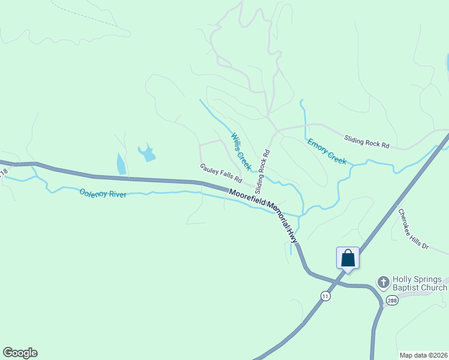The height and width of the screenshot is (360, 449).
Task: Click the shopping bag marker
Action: click(348, 259)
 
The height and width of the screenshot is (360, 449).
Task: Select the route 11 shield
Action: click(325, 296)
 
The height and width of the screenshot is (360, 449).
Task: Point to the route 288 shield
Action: click(391, 301)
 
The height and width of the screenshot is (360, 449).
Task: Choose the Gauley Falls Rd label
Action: click(220, 173)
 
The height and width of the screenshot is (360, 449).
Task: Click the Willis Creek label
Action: click(241, 150)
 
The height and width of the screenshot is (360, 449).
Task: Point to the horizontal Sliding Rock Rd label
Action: click(367, 142)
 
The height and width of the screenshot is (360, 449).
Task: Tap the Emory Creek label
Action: click(327, 151)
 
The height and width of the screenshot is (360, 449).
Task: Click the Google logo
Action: click(20, 353)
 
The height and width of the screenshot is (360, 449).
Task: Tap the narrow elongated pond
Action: click(121, 164)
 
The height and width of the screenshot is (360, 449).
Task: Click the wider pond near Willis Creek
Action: click(146, 154)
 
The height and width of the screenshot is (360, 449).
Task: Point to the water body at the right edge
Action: click(447, 62)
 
